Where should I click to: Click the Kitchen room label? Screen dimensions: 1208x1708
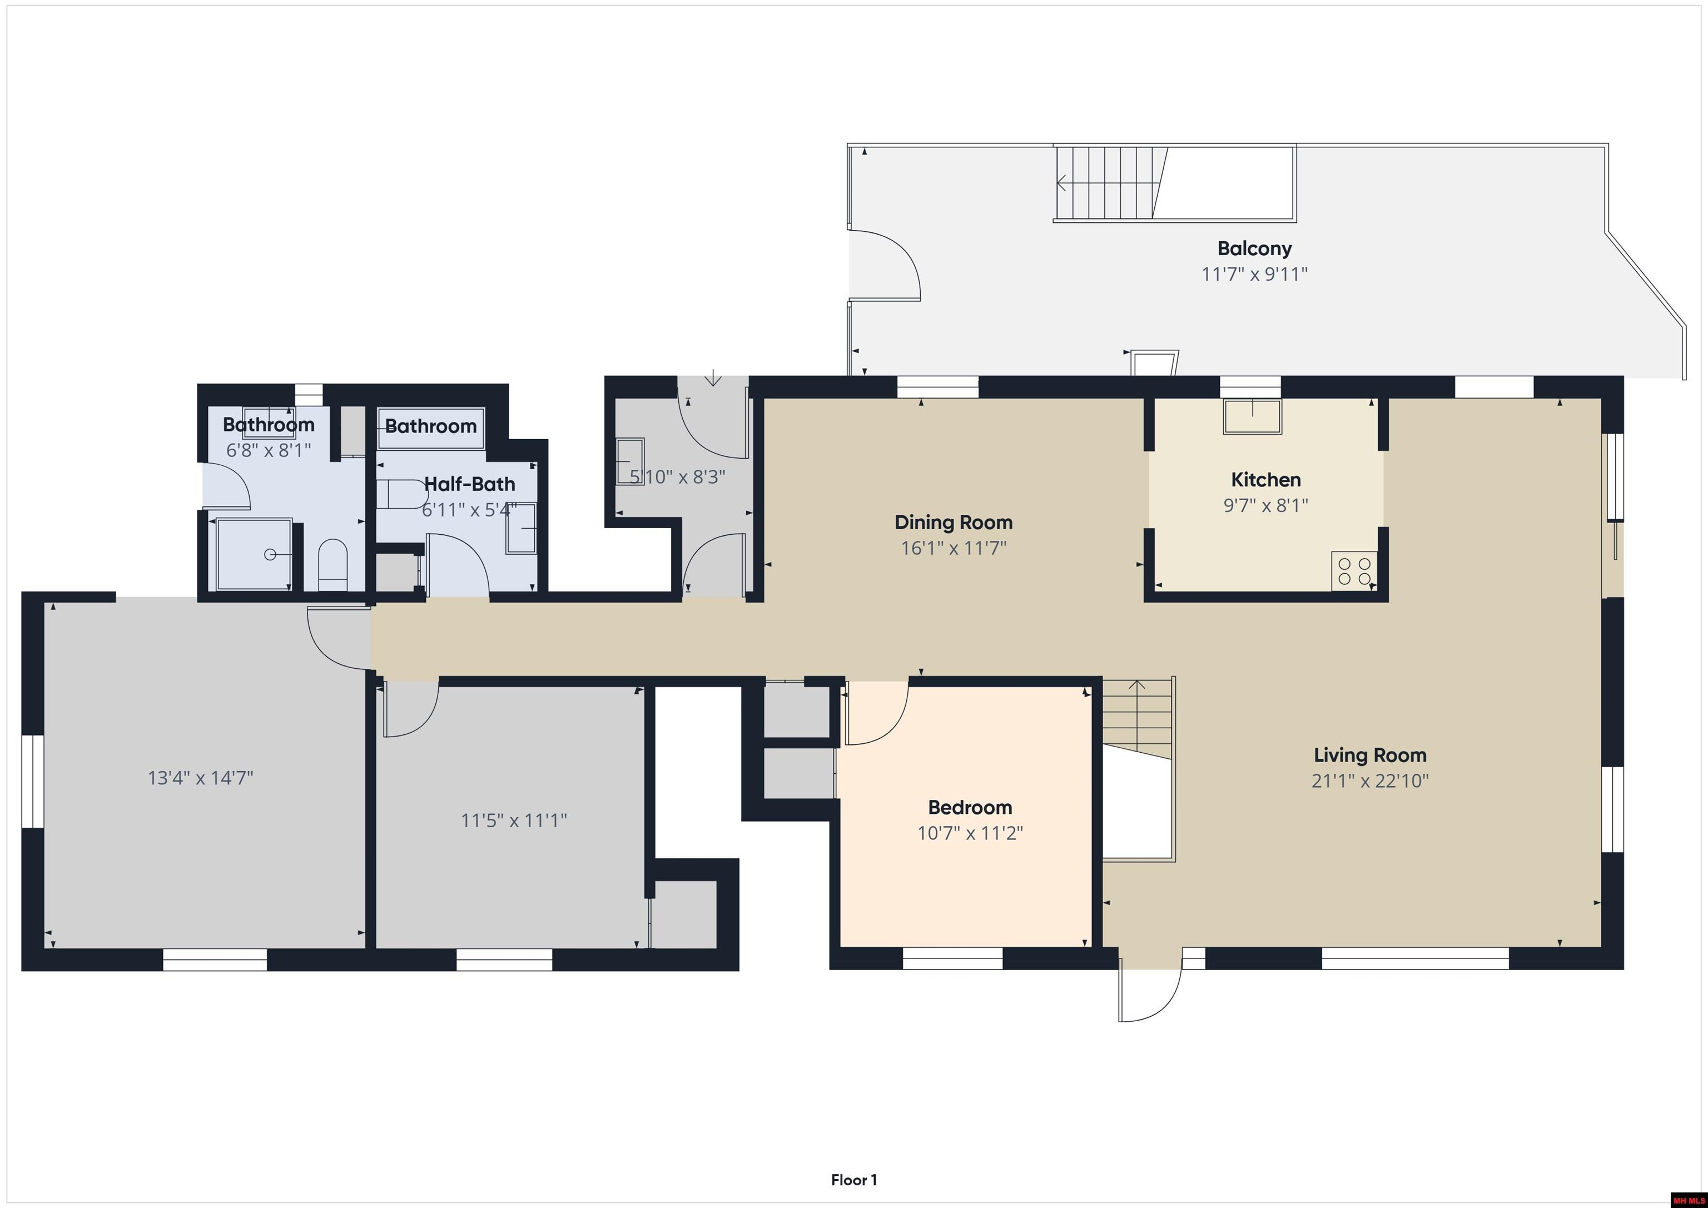click(1265, 480)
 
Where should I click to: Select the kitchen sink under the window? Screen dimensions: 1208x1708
click(1253, 416)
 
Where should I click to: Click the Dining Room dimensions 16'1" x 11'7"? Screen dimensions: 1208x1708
click(953, 548)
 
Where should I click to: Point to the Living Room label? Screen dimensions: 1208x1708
click(1369, 755)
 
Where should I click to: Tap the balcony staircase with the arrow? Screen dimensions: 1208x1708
click(1109, 183)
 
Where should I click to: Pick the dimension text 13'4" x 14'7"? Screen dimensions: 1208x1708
click(200, 778)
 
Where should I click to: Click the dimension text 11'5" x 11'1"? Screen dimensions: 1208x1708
click(513, 821)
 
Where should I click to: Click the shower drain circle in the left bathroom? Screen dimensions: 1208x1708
click(270, 554)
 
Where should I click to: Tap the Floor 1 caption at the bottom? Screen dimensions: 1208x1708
click(853, 1180)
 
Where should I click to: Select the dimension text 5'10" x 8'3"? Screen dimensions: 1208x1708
click(677, 477)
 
